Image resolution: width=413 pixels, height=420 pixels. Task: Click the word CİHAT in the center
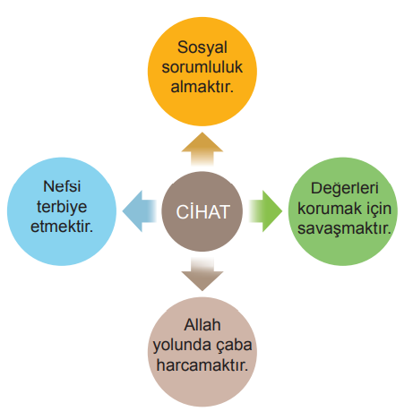tap(202, 211)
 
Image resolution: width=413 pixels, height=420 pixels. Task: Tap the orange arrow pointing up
tap(202, 150)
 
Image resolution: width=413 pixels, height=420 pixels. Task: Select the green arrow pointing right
tap(265, 211)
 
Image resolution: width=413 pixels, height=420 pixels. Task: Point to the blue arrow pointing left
tap(140, 211)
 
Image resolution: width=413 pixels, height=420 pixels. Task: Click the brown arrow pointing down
tap(202, 274)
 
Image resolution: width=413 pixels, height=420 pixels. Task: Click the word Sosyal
tap(202, 47)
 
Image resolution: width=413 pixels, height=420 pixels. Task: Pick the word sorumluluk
tap(202, 67)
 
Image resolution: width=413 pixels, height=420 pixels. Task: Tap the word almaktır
tap(202, 87)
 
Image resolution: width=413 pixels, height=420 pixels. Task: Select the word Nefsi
tap(62, 186)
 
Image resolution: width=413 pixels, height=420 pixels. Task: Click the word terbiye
tap(62, 207)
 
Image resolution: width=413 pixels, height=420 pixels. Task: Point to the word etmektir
tap(62, 227)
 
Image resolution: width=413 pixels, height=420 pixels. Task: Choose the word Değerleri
tap(345, 189)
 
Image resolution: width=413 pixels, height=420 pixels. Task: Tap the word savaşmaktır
tap(344, 229)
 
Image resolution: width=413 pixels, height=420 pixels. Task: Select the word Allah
tap(202, 325)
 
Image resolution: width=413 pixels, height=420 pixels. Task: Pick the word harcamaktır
tap(202, 365)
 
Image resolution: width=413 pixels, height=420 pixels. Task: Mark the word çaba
tap(234, 346)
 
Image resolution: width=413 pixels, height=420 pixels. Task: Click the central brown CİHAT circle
tap(202, 211)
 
